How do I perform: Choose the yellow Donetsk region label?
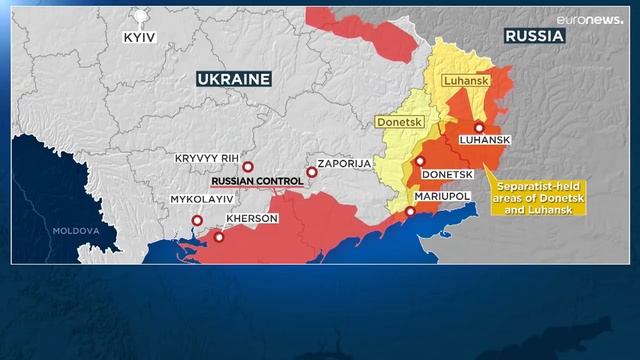(400, 122)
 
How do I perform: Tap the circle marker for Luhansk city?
(479, 127)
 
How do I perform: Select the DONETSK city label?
(448, 174)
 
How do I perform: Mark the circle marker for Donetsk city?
(419, 162)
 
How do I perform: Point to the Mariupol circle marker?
(410, 211)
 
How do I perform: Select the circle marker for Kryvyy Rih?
(248, 167)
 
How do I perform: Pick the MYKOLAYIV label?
(206, 199)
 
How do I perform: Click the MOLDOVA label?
(77, 231)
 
